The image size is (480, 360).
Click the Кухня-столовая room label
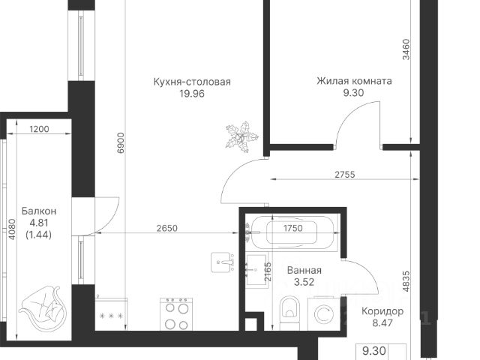192,82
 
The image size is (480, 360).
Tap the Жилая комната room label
354,81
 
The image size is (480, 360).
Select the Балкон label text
39,211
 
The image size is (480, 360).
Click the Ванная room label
304,270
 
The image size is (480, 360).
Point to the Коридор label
382,312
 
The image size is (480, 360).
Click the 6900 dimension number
121,142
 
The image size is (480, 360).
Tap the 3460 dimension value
406,49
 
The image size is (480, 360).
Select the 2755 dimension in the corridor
345,175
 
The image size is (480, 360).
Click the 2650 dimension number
166,228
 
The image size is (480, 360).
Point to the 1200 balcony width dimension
39,129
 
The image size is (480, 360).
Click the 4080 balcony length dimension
12,229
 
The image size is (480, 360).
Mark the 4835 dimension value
406,281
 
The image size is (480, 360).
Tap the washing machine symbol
323,314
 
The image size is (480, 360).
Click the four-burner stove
176,313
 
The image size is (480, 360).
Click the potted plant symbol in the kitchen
241,136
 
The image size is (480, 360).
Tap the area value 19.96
192,94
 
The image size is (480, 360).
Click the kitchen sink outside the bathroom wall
222,262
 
